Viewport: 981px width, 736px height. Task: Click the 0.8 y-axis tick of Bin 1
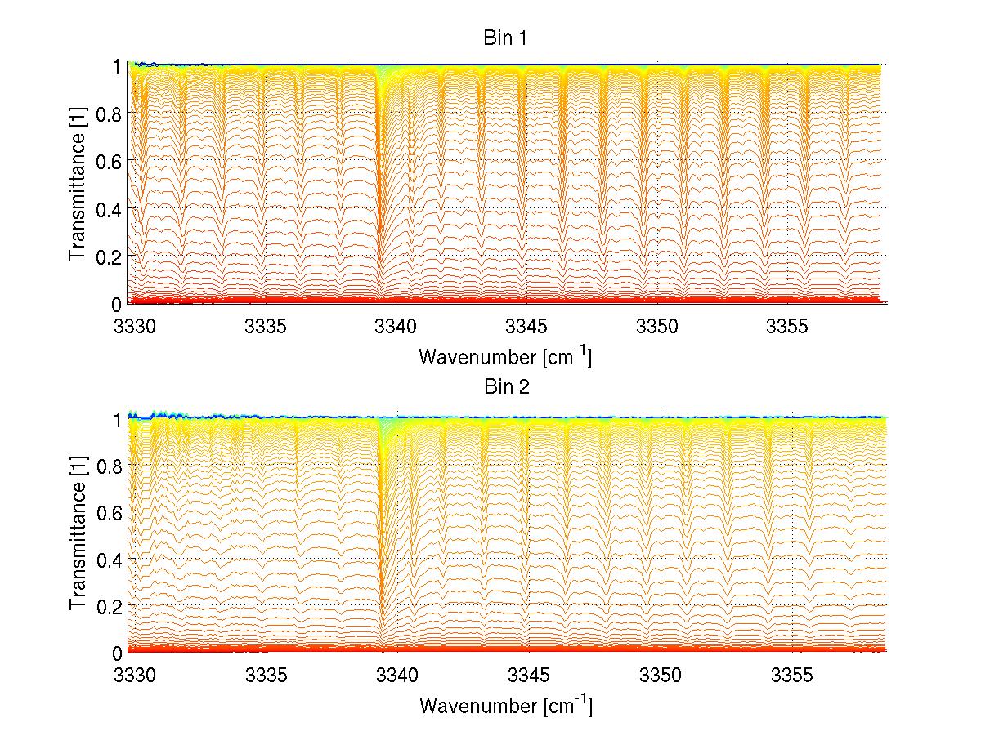109,113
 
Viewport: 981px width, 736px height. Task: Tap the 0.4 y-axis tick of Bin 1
109,208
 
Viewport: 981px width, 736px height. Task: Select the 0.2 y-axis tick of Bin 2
109,605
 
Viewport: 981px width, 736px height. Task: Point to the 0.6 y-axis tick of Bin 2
109,511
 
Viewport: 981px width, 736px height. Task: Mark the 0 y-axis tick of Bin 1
116,303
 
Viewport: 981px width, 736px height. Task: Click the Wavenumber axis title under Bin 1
504,356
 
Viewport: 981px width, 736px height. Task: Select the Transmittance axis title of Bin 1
78,184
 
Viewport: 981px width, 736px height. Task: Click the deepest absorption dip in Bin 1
379,282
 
